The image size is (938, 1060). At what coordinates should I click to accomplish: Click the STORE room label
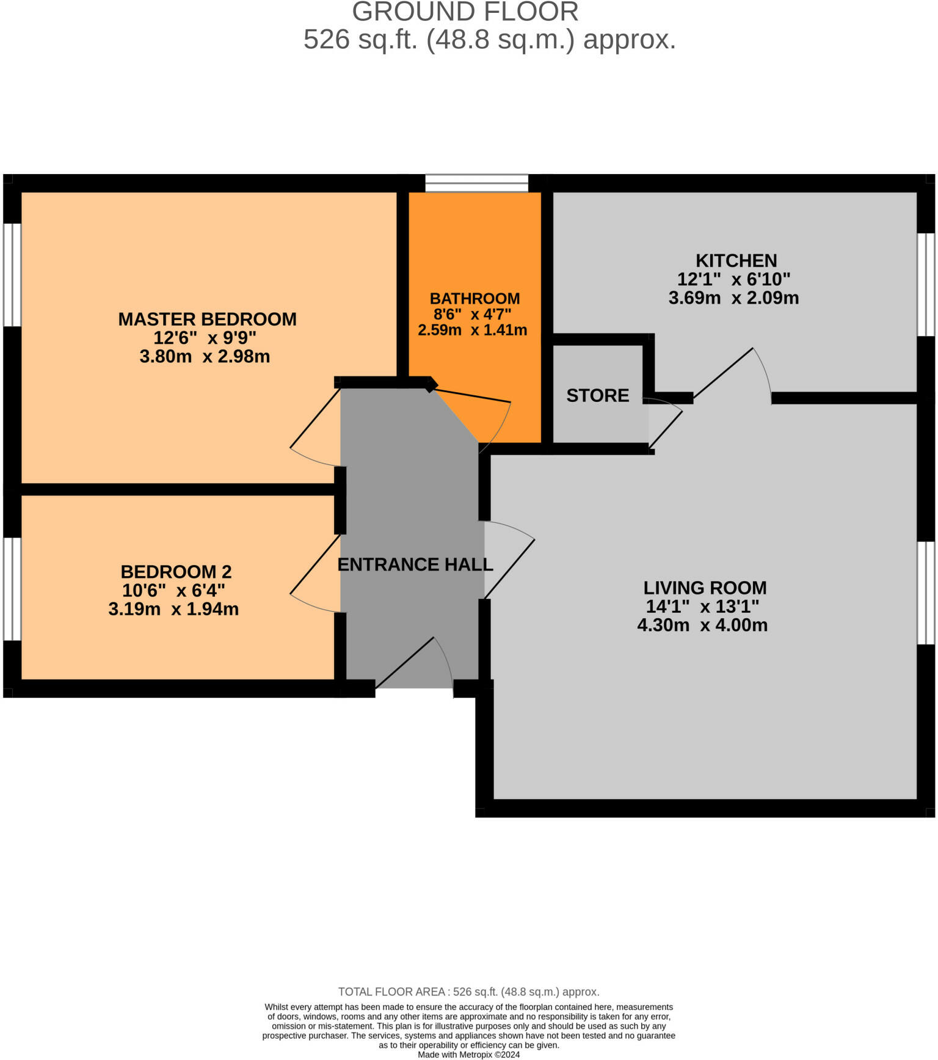pos(597,395)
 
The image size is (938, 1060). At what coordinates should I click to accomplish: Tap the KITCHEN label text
pos(736,261)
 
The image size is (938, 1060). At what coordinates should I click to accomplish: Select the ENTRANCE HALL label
pos(415,565)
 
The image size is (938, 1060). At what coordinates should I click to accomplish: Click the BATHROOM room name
pos(474,299)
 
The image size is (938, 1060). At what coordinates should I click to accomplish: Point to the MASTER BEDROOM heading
pos(207,319)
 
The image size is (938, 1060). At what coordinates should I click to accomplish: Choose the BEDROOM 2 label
pos(176,572)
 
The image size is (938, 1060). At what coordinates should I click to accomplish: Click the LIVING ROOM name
pos(705,588)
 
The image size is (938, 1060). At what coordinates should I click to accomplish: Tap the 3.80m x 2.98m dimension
pos(205,356)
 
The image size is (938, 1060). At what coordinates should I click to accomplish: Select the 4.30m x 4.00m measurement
pos(702,625)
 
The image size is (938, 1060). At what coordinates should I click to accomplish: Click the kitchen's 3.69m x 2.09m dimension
pos(733,298)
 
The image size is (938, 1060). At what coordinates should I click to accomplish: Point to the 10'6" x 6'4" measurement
pos(173,591)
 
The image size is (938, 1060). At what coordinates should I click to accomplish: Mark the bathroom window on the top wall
pos(476,183)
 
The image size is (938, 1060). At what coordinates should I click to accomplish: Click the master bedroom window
pos(12,274)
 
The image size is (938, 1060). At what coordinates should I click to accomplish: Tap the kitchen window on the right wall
pos(926,284)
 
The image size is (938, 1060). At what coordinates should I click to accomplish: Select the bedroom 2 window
pos(12,589)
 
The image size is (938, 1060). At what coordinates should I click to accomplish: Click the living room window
pos(926,593)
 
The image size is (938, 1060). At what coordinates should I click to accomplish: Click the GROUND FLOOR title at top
pos(465,12)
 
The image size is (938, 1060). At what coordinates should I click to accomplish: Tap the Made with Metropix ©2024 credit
pos(468,1055)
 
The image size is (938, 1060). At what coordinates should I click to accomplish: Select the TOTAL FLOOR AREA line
pos(468,992)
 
